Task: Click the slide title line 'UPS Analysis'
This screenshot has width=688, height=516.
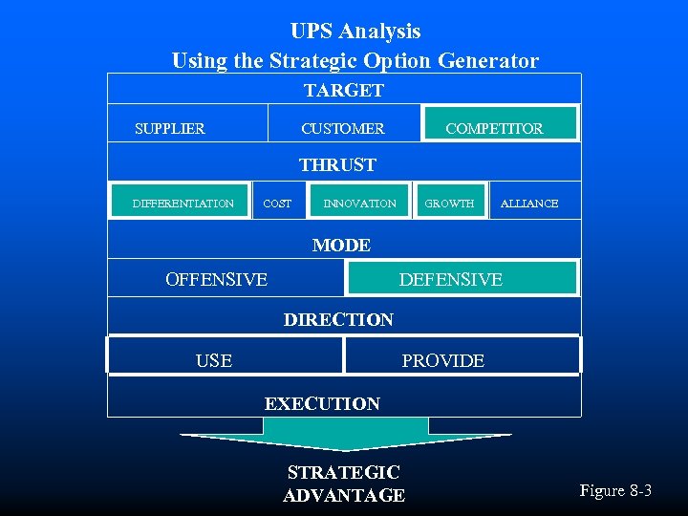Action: point(355,32)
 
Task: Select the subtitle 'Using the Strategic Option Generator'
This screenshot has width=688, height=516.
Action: point(355,61)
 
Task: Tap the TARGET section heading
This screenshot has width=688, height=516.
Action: point(343,91)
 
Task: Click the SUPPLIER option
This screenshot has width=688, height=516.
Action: point(170,128)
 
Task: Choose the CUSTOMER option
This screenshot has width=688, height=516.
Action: point(342,128)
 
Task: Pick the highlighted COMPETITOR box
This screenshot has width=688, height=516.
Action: point(500,125)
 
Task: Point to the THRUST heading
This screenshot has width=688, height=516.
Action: point(337,164)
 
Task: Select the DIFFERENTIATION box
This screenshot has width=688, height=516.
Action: point(182,203)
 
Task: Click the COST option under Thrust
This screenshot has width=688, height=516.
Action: point(277,204)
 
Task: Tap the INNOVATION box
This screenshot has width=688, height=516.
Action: point(359,204)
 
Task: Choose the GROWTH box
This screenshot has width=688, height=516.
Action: point(449,204)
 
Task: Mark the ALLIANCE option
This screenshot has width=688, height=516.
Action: point(529,204)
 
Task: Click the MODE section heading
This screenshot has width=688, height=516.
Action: point(341,246)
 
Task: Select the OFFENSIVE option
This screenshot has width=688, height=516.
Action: point(217,279)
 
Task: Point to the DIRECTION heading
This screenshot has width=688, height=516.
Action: point(338,319)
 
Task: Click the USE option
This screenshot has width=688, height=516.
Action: point(214,360)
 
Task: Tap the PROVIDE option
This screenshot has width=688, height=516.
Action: point(442,360)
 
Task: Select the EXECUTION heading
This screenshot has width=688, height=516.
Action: point(322,403)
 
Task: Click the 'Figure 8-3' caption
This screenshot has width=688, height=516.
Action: point(615,490)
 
